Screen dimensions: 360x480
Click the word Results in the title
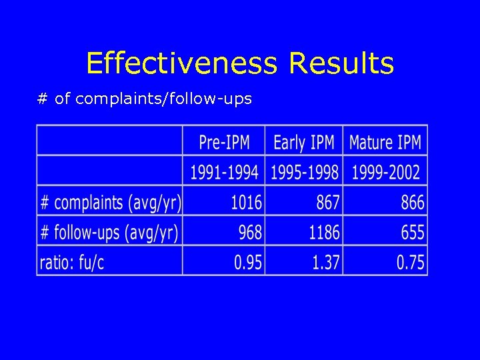pyautogui.click(x=341, y=64)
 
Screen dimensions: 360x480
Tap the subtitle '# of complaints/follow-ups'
pyautogui.click(x=145, y=99)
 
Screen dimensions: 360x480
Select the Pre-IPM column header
pyautogui.click(x=224, y=142)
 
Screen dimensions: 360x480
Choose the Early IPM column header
pyautogui.click(x=304, y=142)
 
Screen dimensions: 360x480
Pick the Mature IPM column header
pyautogui.click(x=385, y=142)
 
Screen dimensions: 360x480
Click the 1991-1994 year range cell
pyautogui.click(x=224, y=172)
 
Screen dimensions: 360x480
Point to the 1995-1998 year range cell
pyautogui.click(x=305, y=172)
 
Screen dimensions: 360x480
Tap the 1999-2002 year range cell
pyautogui.click(x=386, y=172)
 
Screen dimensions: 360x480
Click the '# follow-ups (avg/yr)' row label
pyautogui.click(x=109, y=232)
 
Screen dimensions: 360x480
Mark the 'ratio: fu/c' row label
pyautogui.click(x=72, y=262)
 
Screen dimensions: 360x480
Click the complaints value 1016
pyautogui.click(x=247, y=202)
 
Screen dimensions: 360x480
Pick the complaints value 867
pyautogui.click(x=327, y=202)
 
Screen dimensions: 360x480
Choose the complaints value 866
pyautogui.click(x=413, y=202)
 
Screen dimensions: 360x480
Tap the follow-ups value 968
pyautogui.click(x=250, y=232)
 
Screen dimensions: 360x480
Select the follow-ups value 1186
pyautogui.click(x=324, y=232)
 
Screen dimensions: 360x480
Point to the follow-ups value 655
pyautogui.click(x=413, y=232)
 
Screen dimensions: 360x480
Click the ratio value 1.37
pyautogui.click(x=326, y=262)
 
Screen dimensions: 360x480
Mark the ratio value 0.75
pyautogui.click(x=411, y=262)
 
